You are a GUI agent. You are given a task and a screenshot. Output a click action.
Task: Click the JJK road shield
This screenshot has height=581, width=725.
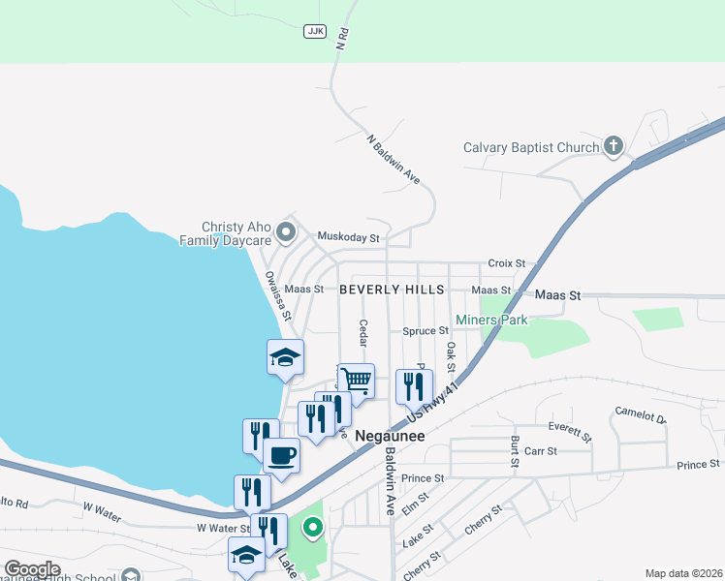coord(314,31)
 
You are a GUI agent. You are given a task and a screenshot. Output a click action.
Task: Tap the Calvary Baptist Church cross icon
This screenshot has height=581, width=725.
coord(613,147)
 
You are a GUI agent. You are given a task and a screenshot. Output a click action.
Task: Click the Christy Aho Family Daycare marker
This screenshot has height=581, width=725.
coord(285,230)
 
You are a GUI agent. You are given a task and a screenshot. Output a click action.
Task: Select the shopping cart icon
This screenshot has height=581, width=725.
coord(357,381)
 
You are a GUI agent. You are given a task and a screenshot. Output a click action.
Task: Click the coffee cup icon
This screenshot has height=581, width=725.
coord(281,454)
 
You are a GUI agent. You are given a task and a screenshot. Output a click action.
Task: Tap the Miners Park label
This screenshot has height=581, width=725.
coord(491,320)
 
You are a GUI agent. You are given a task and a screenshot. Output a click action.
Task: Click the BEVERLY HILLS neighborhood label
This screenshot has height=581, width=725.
coord(392,290)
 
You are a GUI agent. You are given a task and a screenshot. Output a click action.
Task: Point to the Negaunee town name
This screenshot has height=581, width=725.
coord(391,436)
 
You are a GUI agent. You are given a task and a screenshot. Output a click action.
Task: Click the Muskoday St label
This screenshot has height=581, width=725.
coord(348,237)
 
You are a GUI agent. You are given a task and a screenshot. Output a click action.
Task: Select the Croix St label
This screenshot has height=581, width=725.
coord(506,262)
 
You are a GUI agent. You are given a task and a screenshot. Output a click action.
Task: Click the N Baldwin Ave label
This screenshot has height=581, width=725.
coord(394,160)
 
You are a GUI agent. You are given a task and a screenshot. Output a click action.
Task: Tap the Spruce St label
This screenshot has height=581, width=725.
coord(426,331)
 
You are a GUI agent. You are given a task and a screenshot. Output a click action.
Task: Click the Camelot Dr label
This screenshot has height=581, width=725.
coord(641,415)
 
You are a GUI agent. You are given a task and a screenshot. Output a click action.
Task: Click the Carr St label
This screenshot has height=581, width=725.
coord(540,451)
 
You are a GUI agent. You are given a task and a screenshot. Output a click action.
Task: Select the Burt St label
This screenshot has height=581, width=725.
coord(514,451)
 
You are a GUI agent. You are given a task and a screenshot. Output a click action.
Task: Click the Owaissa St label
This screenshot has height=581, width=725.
coord(277,295)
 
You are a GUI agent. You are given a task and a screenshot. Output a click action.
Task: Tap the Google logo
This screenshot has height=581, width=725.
coord(32,569)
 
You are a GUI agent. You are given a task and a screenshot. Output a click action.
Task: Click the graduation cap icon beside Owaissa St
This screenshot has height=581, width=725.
coord(285,357)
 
